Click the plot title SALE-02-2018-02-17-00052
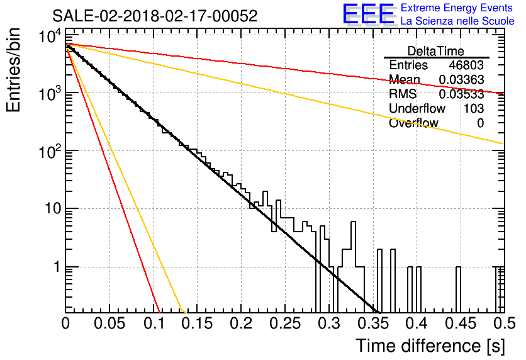[x=155, y=16]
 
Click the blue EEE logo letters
[x=368, y=14]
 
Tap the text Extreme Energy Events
[x=457, y=8]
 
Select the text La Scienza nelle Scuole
[x=457, y=21]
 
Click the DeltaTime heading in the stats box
[x=436, y=51]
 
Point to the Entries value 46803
[x=466, y=65]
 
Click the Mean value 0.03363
[x=461, y=79]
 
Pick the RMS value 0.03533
[x=461, y=94]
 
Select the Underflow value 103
[x=474, y=108]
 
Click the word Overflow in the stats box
[x=413, y=123]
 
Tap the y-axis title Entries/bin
[x=13, y=70]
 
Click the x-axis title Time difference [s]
[x=430, y=346]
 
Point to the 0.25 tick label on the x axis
[x=286, y=323]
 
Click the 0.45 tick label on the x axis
[x=461, y=323]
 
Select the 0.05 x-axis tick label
[x=109, y=323]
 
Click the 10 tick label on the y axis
[x=53, y=209]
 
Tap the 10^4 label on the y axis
[x=50, y=35]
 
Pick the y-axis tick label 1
[x=57, y=267]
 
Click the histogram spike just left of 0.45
[x=458, y=290]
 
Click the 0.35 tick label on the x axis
[x=373, y=323]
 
